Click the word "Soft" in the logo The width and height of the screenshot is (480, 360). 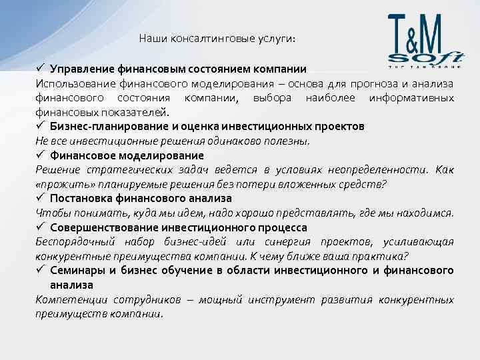[426, 57]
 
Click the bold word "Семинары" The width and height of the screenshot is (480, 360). [78, 270]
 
